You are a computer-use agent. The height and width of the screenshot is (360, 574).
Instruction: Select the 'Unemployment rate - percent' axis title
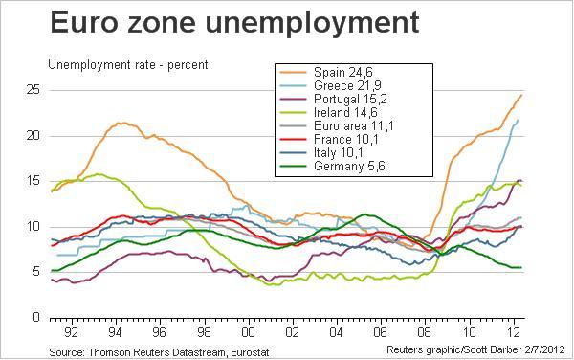(x=128, y=65)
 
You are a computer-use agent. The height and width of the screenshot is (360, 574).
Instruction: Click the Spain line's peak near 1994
(x=121, y=123)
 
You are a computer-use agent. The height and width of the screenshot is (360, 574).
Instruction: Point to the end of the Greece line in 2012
(x=518, y=120)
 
